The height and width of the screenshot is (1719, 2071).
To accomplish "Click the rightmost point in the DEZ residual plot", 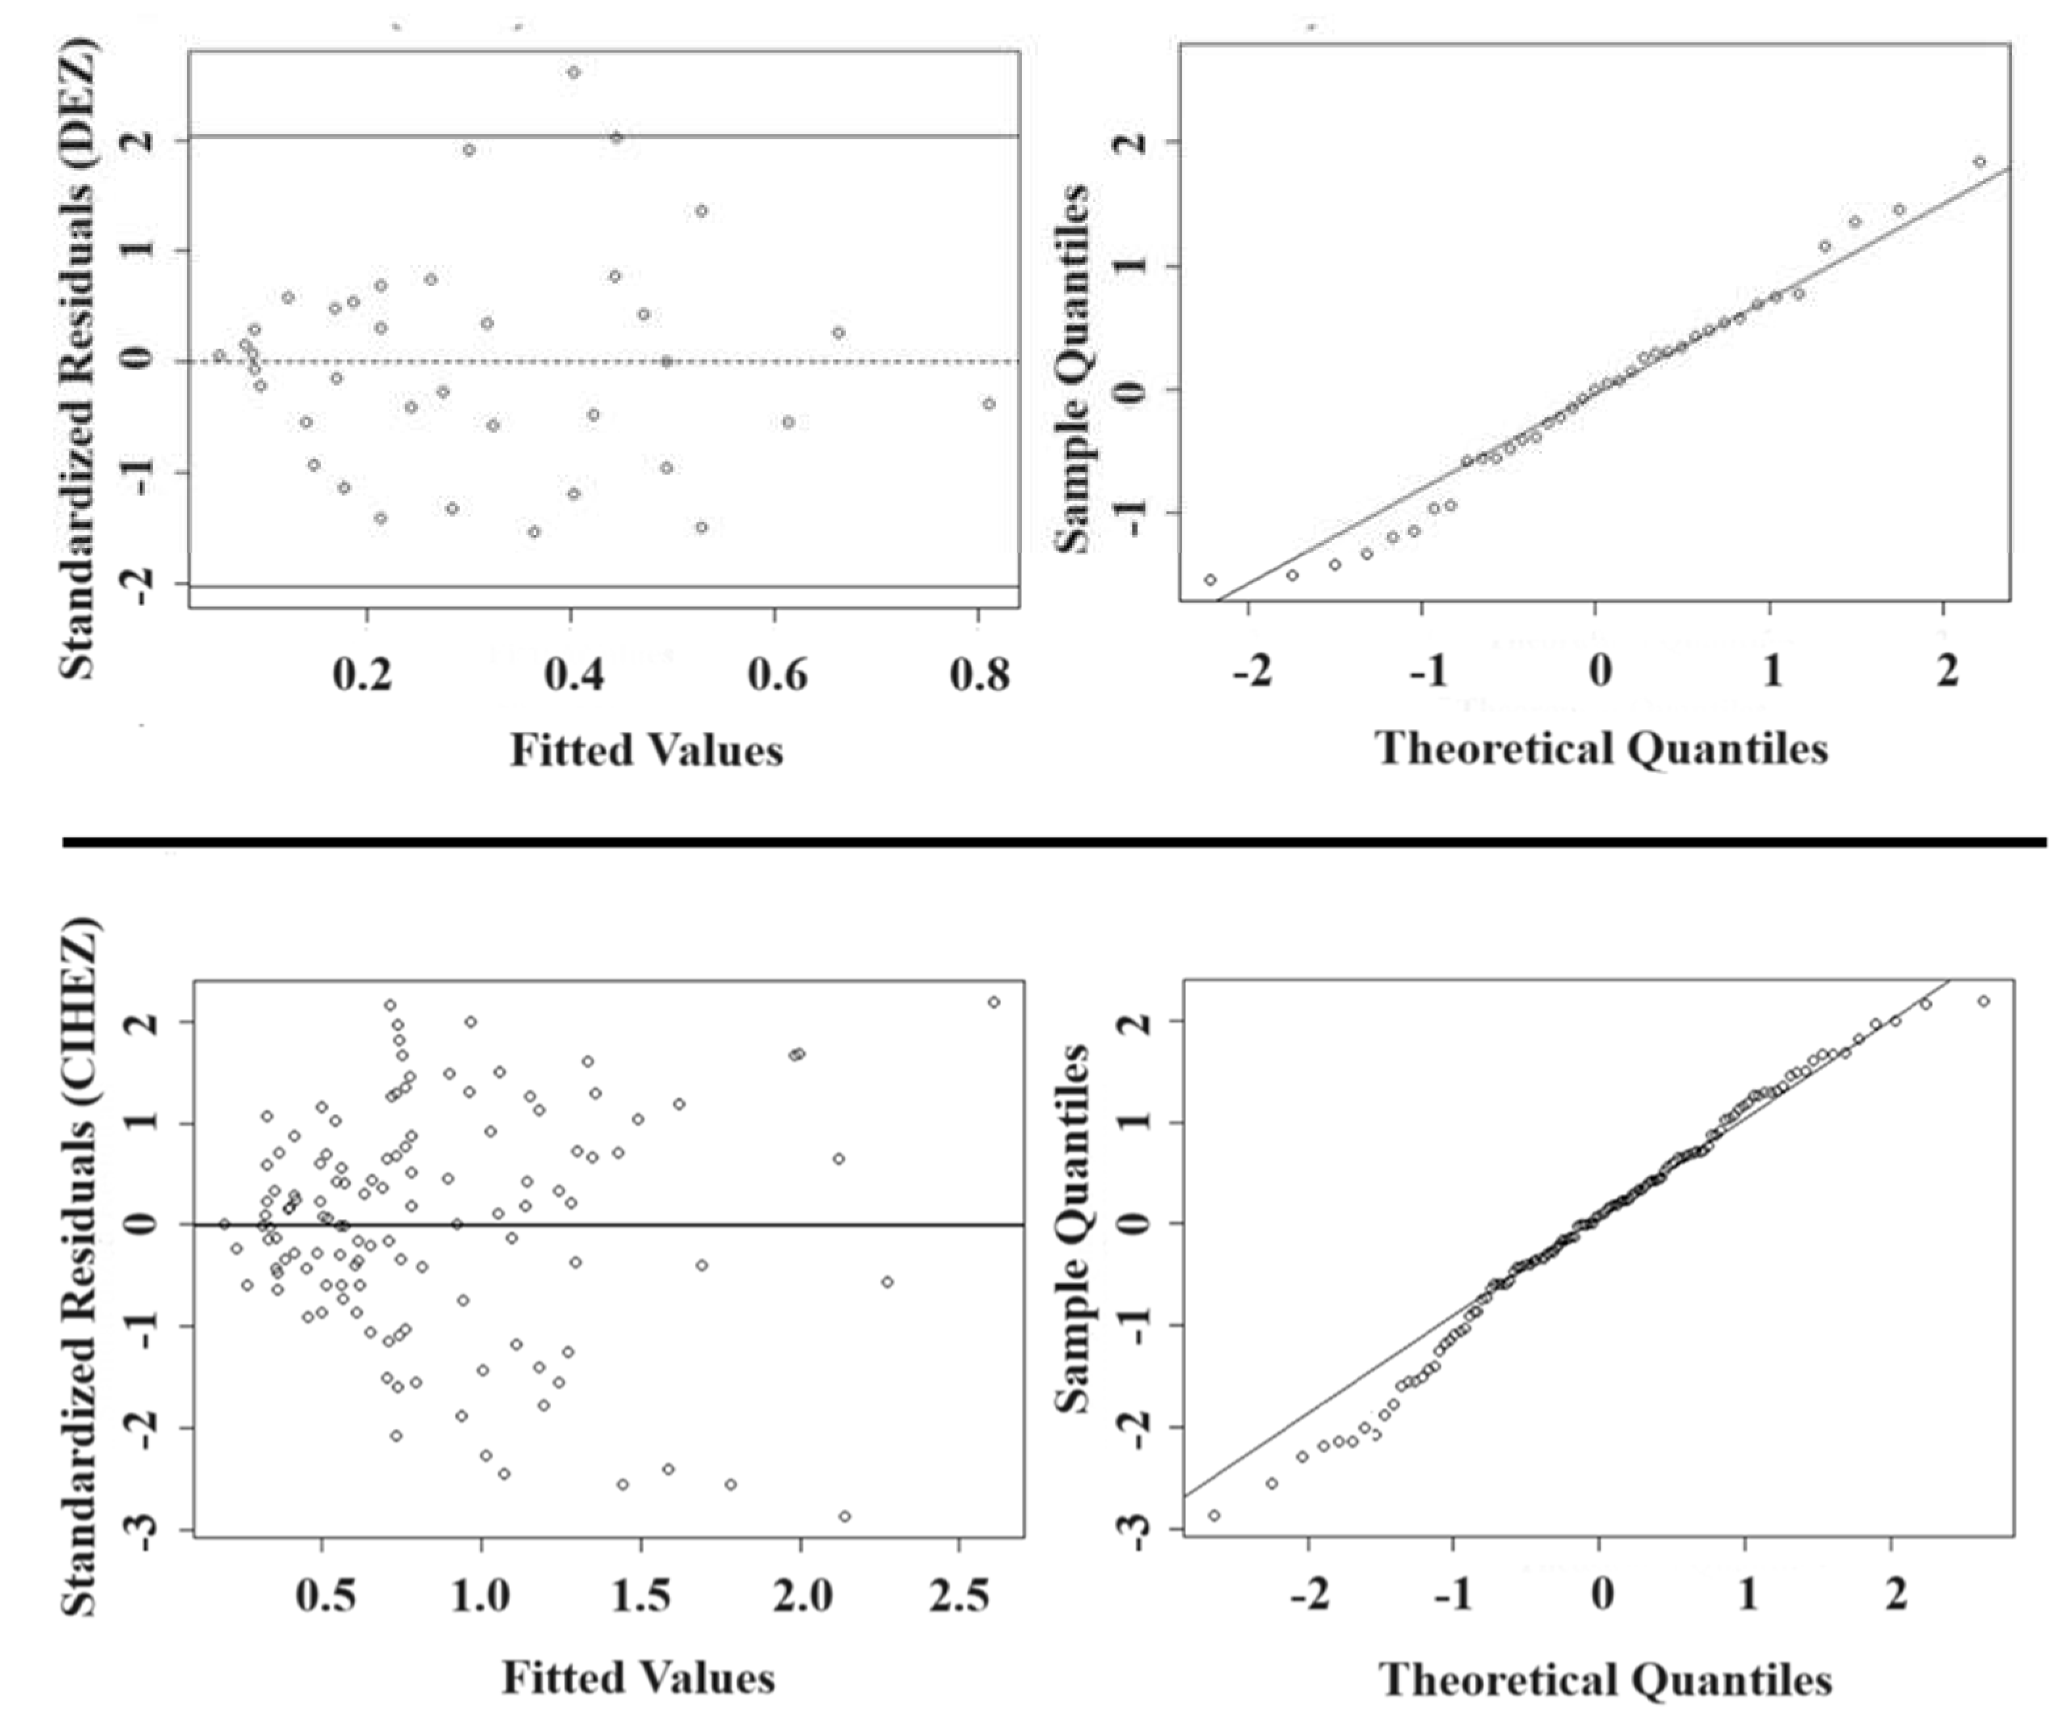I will click(988, 404).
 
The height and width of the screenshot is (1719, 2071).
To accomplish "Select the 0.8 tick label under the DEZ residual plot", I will click(979, 675).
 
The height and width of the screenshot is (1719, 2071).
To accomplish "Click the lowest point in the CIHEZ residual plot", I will click(844, 1516).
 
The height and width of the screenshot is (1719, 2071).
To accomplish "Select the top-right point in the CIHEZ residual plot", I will click(993, 1002).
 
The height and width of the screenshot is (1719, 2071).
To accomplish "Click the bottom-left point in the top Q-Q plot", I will click(1210, 579).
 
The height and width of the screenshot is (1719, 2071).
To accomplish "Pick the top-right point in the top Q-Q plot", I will click(1979, 161).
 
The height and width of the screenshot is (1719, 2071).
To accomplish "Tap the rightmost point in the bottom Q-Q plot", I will click(1983, 1001).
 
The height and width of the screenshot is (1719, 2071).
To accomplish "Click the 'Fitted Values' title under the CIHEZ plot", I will click(638, 1678).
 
